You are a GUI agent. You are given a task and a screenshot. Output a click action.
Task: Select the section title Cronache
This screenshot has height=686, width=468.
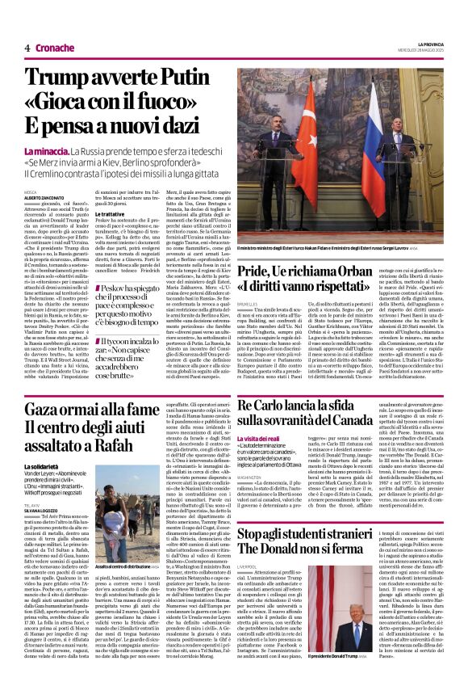[x=53, y=48]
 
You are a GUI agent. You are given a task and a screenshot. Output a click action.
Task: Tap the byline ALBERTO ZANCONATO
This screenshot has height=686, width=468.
[x=44, y=196]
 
